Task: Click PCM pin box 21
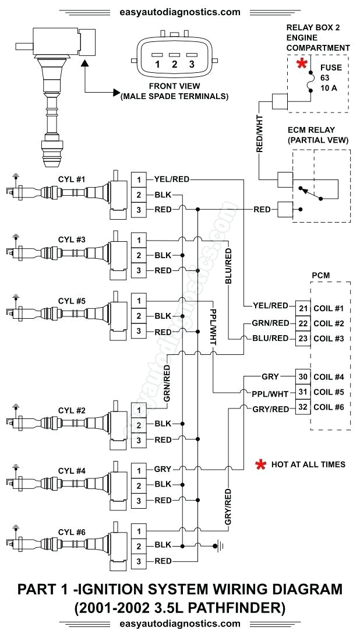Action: coord(303,308)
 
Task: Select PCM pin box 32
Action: coord(303,407)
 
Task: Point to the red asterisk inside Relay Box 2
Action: coord(302,65)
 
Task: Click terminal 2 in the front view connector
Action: coord(174,65)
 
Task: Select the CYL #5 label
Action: coord(72,301)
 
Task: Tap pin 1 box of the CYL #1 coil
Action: coord(139,179)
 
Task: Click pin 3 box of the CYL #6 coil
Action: coord(139,561)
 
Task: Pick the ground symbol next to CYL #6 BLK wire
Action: coord(218,546)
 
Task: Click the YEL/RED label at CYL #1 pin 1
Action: coord(172,179)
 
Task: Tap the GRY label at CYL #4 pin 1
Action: coord(163,469)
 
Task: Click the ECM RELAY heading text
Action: coord(318,130)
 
